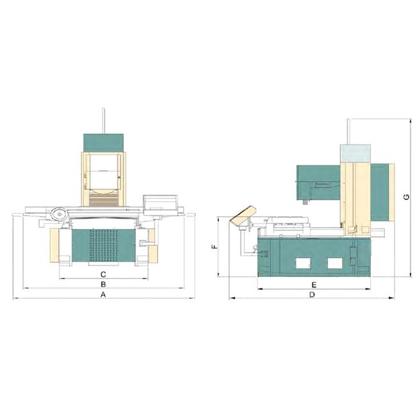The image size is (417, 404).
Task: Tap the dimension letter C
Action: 103,274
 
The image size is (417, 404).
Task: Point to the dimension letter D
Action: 312,295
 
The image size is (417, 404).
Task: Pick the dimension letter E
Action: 314,284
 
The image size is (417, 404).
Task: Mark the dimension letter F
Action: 215,246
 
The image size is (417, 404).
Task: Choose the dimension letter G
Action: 405,197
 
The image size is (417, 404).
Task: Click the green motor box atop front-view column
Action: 103,142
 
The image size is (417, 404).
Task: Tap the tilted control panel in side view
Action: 243,215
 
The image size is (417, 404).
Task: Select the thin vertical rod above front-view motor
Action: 103,120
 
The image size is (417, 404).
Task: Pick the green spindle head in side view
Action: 318,181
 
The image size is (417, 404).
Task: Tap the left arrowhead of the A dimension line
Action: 15,298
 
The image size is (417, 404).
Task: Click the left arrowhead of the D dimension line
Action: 231,298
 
